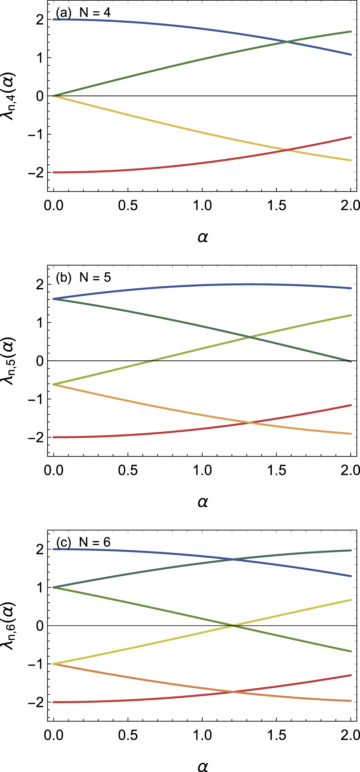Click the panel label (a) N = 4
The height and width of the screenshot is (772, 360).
(x=83, y=13)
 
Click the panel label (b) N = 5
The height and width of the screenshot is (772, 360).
(x=83, y=277)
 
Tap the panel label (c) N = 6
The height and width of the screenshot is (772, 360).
(x=83, y=542)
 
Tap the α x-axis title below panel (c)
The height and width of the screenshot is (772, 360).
(x=203, y=767)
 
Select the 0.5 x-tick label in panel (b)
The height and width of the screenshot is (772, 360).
(x=128, y=470)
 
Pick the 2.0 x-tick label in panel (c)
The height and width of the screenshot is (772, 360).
(x=350, y=735)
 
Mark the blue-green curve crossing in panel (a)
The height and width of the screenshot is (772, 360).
(x=287, y=42)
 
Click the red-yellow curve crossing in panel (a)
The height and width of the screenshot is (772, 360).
(x=287, y=150)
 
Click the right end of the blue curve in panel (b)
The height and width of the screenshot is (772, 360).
(x=351, y=288)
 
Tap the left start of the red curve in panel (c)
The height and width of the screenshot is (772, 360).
(x=53, y=702)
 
